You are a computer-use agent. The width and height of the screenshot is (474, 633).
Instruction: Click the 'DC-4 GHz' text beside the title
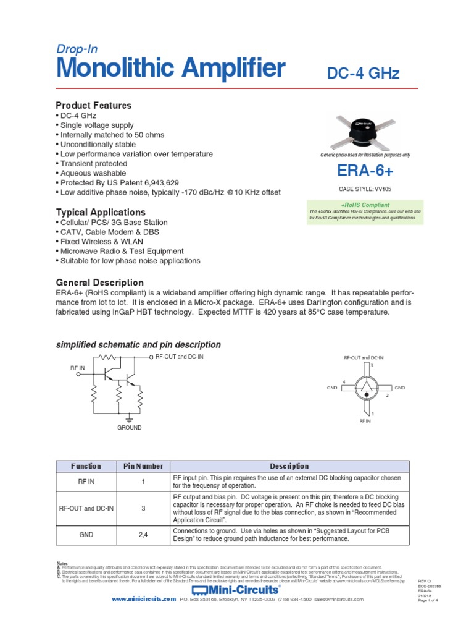tap(363, 74)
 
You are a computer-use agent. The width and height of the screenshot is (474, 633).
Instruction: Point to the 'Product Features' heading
tap(94, 105)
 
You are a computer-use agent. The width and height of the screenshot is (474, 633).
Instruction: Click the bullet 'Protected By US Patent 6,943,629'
tap(120, 183)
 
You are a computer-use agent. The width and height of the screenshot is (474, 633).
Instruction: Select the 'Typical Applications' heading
tap(101, 212)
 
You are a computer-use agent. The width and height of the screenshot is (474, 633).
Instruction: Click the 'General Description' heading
tap(99, 283)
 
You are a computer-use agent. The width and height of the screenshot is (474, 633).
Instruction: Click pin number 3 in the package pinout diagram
tap(372, 367)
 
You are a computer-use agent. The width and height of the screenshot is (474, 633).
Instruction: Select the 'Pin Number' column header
tap(143, 466)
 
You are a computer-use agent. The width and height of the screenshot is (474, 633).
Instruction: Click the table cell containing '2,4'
tap(143, 535)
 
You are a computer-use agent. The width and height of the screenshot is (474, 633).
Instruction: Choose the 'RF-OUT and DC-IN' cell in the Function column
tap(86, 508)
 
